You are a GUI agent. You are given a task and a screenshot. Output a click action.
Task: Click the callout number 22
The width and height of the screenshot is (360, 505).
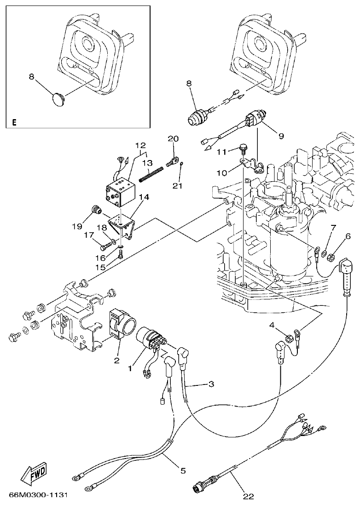[x=249, y=496]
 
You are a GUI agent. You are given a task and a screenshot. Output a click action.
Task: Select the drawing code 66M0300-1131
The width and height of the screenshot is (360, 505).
[x=39, y=495]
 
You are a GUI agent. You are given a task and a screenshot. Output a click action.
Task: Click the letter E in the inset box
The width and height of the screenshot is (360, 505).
[x=14, y=122]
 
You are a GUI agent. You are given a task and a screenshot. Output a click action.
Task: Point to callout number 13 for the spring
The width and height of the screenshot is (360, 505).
[x=147, y=163]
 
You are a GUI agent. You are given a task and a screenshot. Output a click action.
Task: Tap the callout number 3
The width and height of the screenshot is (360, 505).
[x=211, y=384]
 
